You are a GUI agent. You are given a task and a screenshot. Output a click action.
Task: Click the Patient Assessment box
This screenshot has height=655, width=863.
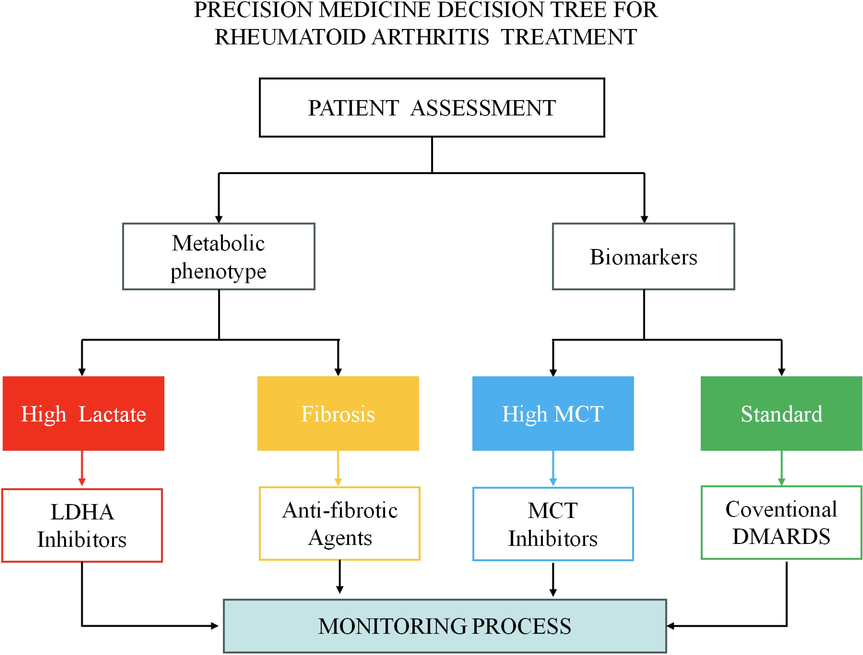point(432,107)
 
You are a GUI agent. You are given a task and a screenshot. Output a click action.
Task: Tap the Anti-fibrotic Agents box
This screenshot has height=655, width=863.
point(339,523)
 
